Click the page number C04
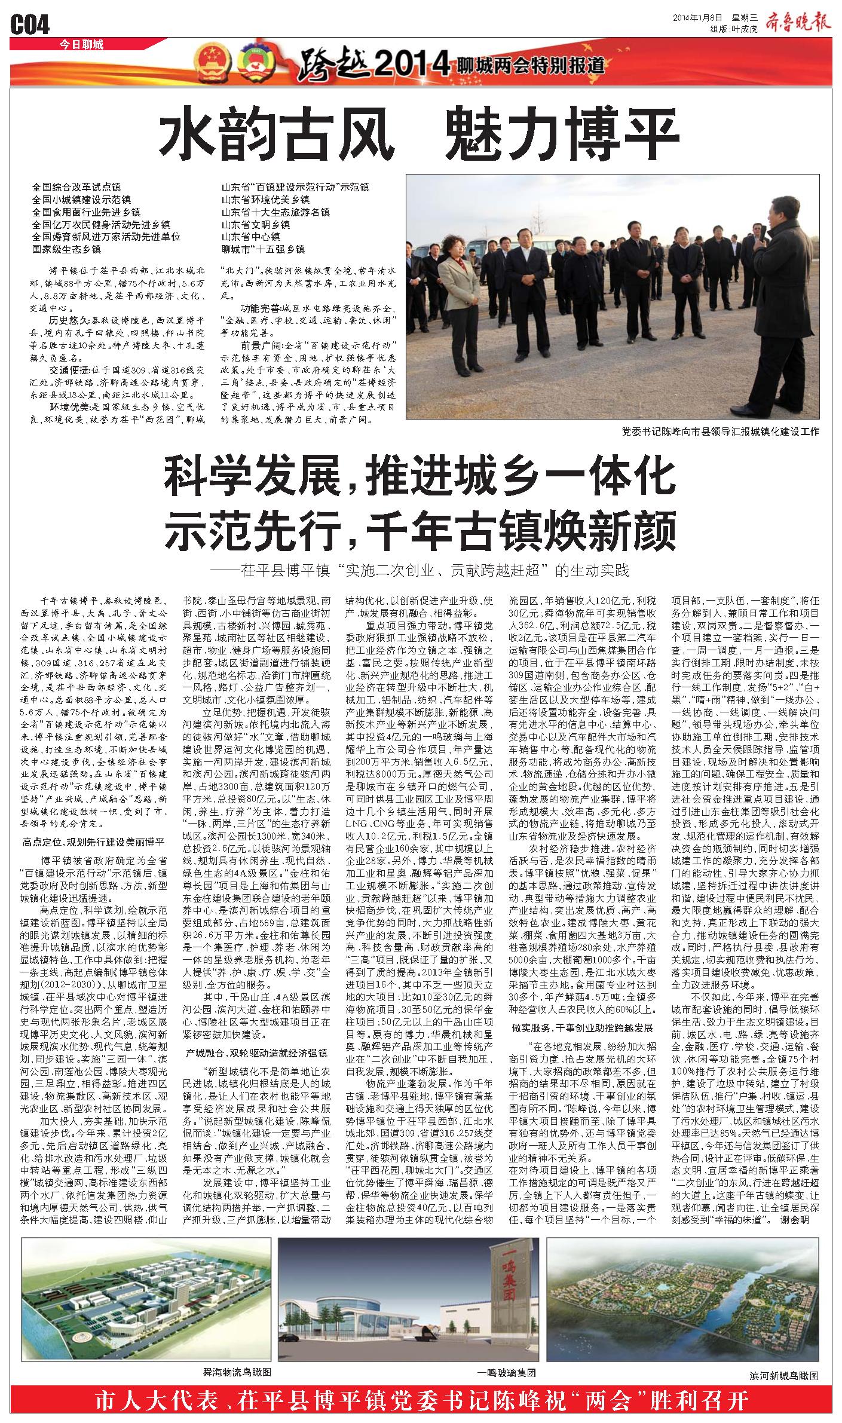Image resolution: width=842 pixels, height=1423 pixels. coord(30,25)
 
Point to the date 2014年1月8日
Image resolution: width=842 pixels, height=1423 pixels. coord(698,17)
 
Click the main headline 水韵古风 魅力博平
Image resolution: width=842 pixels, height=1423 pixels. coord(420,137)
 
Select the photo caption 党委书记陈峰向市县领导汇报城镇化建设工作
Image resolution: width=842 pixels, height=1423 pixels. coord(720,431)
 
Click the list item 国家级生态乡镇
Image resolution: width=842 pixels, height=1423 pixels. coord(66,249)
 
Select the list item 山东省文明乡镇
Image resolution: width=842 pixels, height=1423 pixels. coord(256,224)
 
